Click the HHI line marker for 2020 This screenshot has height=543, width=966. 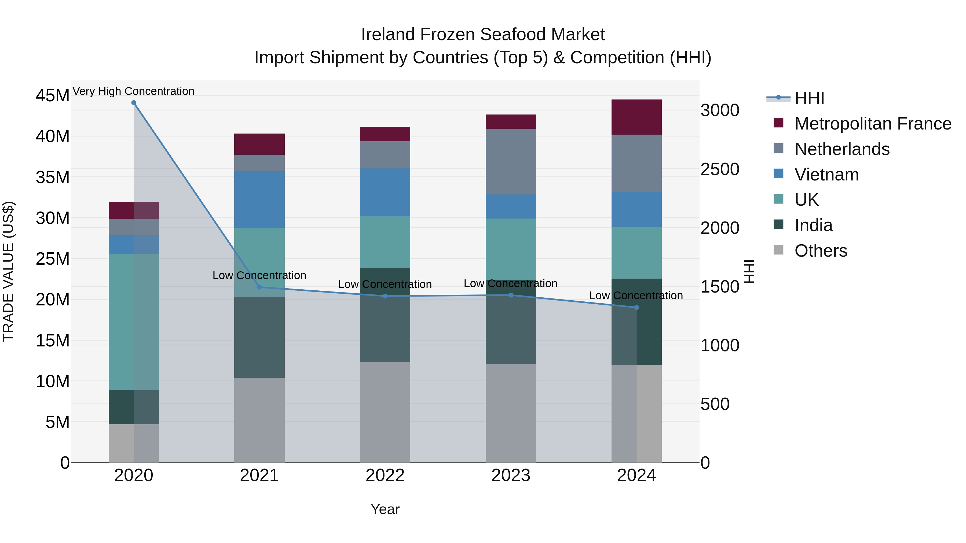tap(134, 103)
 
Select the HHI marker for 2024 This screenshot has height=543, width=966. tap(636, 307)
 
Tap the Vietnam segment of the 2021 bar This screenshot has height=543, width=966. tap(259, 199)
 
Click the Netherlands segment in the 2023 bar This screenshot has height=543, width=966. tap(511, 161)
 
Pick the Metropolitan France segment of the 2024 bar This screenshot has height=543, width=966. tap(636, 117)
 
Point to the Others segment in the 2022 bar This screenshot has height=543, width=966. tap(385, 412)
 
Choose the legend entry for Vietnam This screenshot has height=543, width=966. tap(826, 175)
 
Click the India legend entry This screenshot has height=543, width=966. tap(813, 225)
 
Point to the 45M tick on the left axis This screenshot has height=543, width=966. tap(53, 95)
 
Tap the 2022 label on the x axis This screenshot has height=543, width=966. tap(385, 475)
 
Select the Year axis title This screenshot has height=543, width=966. tap(385, 509)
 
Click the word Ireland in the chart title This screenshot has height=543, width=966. tap(388, 35)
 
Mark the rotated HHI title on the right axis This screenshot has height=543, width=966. tap(749, 271)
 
